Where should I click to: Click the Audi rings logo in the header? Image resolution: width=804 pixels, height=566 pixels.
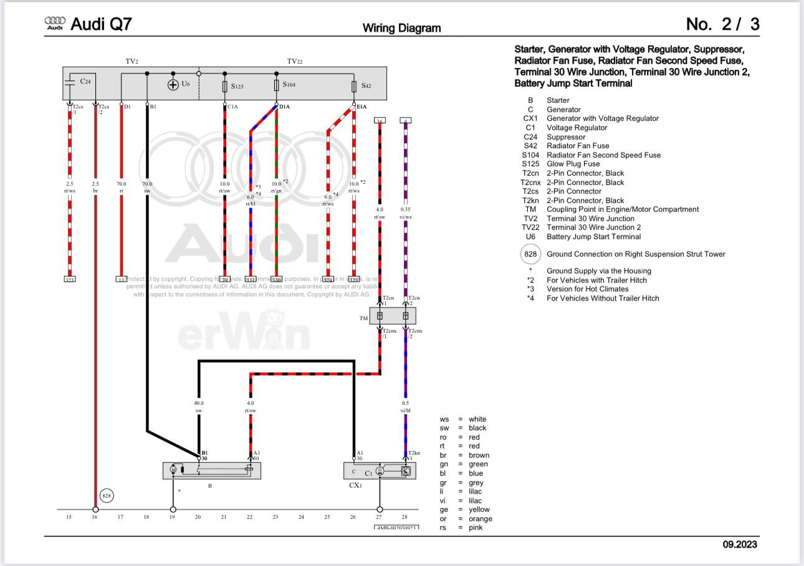(x=54, y=23)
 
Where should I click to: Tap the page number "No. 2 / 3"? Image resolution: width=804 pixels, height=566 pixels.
(x=722, y=24)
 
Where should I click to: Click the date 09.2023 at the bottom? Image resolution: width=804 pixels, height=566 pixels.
(x=740, y=544)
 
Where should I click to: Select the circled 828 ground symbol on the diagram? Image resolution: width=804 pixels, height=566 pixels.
(x=107, y=496)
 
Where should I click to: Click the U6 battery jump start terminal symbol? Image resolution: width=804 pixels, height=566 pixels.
(x=173, y=84)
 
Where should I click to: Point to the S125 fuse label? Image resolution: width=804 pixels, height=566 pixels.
(x=237, y=86)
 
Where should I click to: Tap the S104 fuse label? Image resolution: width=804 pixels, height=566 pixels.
(x=289, y=84)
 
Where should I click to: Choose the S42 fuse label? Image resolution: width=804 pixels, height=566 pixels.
(x=366, y=86)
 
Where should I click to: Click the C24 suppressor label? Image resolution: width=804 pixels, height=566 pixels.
(x=85, y=82)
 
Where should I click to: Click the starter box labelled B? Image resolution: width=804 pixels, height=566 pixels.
(x=211, y=470)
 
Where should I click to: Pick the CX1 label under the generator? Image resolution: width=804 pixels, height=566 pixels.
(x=355, y=485)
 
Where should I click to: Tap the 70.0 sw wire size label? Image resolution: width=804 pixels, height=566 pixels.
(x=147, y=187)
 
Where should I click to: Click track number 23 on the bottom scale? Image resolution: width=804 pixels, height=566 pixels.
(x=275, y=517)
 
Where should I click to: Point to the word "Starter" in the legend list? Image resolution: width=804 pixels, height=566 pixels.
(x=558, y=100)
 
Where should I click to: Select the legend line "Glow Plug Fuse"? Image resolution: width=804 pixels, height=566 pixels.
(x=573, y=164)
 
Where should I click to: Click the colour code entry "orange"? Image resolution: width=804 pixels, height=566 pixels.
(x=480, y=519)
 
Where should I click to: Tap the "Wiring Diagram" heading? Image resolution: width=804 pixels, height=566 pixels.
(x=401, y=28)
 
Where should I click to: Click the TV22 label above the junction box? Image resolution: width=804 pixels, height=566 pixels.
(x=294, y=61)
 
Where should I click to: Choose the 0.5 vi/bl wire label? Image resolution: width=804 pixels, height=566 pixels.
(x=405, y=407)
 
